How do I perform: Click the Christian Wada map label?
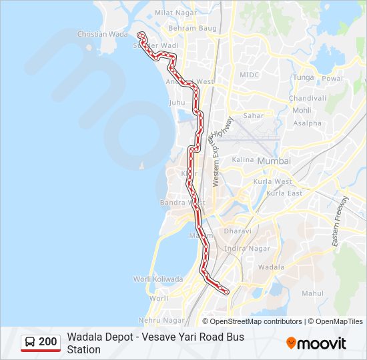[x=102, y=34]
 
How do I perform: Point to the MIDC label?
[x=249, y=75]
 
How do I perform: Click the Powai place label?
[x=332, y=78]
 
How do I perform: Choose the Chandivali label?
[x=307, y=98]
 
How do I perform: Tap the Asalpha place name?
[x=308, y=123]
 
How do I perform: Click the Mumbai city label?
[x=274, y=161]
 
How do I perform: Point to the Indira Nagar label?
[x=248, y=249]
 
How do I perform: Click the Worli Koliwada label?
[x=157, y=279]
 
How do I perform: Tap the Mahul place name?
[x=312, y=293]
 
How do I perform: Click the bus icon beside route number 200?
[x=30, y=342]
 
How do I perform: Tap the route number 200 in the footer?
[x=48, y=342]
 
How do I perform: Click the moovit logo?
[x=316, y=343]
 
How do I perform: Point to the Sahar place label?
[x=254, y=115]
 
